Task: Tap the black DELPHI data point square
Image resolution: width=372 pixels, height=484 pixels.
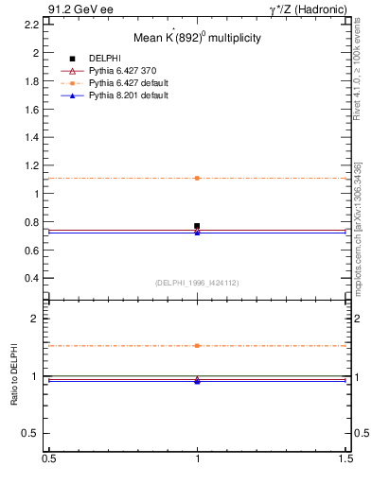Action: pyautogui.click(x=197, y=226)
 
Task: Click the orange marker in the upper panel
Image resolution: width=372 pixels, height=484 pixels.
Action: pyautogui.click(x=197, y=178)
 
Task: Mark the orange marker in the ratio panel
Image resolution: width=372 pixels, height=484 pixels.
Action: pyautogui.click(x=197, y=346)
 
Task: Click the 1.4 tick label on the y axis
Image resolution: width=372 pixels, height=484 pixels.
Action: pyautogui.click(x=32, y=137)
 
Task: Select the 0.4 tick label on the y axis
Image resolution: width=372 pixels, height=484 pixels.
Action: pyautogui.click(x=32, y=278)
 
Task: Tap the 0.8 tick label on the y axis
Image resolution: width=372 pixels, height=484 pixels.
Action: pyautogui.click(x=32, y=222)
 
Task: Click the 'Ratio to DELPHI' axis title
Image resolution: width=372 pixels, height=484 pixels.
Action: pyautogui.click(x=13, y=375)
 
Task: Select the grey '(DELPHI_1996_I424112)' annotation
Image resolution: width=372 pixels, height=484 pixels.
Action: pyautogui.click(x=197, y=282)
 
